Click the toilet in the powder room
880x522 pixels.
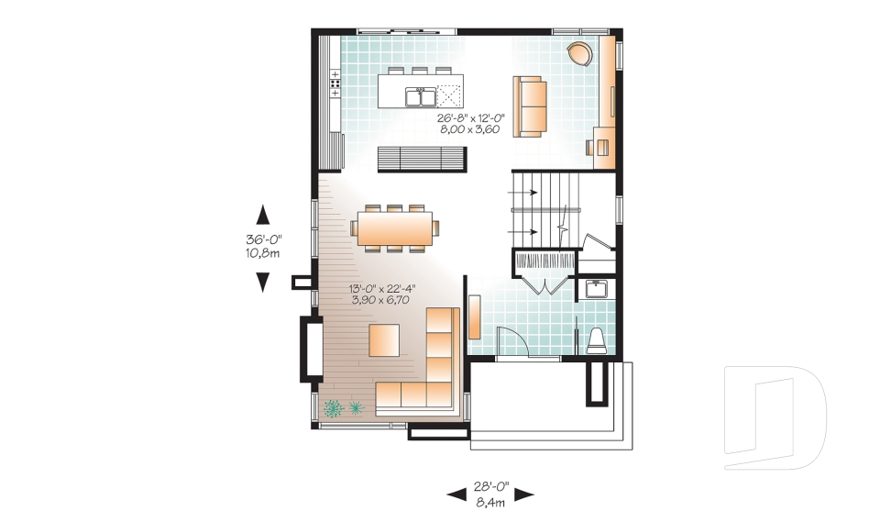point(597,339)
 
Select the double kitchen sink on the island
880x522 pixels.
point(423,94)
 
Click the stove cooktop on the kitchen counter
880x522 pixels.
point(335,85)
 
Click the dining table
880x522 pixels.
point(393,228)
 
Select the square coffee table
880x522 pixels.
point(384,339)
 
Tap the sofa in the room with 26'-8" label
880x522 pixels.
point(529,106)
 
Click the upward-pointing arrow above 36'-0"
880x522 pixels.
point(263,215)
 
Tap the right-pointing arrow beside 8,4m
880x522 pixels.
point(524,495)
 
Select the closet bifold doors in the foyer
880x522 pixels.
point(544,284)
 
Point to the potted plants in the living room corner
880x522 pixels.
point(343,406)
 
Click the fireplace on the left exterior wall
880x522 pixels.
point(311,348)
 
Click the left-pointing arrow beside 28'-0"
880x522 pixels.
point(456,495)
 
